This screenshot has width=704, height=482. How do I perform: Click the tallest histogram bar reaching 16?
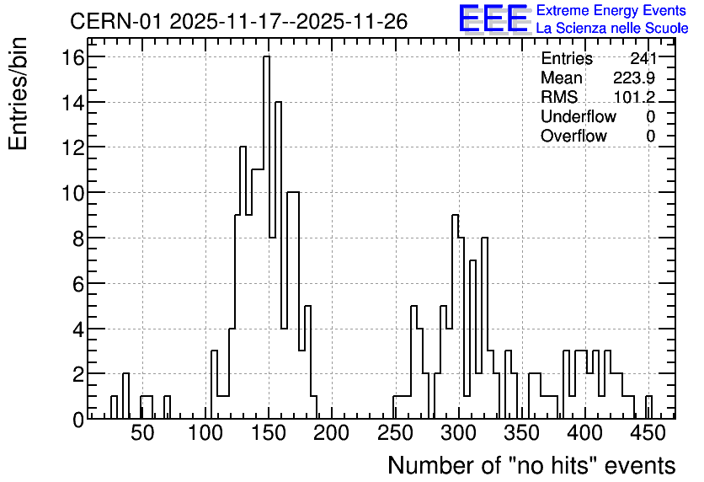click(x=266, y=237)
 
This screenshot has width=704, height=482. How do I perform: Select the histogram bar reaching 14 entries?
click(x=278, y=260)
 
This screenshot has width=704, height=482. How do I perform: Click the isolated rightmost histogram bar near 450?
click(x=648, y=408)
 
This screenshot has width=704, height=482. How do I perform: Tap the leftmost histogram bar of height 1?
click(x=114, y=408)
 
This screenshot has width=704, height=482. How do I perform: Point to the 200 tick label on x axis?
click(x=332, y=433)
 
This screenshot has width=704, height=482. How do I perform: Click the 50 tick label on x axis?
click(x=143, y=433)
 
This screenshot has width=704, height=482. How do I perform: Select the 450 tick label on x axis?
click(x=648, y=433)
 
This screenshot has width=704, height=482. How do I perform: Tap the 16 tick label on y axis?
click(x=73, y=57)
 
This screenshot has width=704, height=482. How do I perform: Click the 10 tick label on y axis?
click(x=73, y=193)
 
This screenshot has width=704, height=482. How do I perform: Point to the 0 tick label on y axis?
click(x=78, y=420)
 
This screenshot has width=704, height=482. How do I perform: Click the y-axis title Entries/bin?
click(x=18, y=94)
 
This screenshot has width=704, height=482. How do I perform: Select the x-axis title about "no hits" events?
click(x=531, y=465)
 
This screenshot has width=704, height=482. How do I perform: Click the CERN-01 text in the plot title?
click(x=115, y=21)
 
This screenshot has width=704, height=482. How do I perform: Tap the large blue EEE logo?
click(x=493, y=19)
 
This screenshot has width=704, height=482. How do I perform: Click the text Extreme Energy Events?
click(x=611, y=10)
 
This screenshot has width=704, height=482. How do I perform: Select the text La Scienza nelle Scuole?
click(x=612, y=28)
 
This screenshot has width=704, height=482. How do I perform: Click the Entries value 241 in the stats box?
click(x=643, y=58)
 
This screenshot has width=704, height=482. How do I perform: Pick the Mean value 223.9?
click(x=634, y=78)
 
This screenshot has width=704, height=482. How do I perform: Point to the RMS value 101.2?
click(x=634, y=97)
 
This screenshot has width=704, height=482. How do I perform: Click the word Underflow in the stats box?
click(x=579, y=116)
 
